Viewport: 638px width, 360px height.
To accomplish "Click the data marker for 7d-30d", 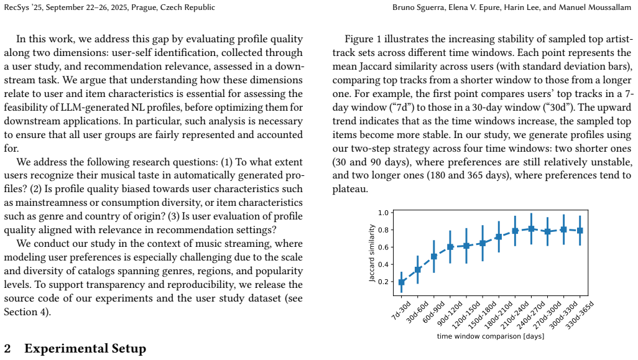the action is (402, 282).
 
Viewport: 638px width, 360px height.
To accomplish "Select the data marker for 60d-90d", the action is (434, 256).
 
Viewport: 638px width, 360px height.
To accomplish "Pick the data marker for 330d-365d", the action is (580, 231).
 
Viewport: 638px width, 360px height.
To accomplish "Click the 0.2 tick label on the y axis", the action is (383, 282).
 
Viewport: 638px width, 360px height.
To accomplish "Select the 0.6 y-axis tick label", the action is (383, 247).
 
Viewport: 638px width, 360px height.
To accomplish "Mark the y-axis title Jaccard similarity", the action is (371, 253).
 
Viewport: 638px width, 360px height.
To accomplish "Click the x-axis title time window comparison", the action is (491, 336).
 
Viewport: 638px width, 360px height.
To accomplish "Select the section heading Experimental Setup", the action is (85, 349).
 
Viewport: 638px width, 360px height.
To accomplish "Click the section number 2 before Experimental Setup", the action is (7, 349).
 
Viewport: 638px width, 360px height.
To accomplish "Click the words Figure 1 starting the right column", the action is (363, 39).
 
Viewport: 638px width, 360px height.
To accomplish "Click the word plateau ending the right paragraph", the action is (349, 189).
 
